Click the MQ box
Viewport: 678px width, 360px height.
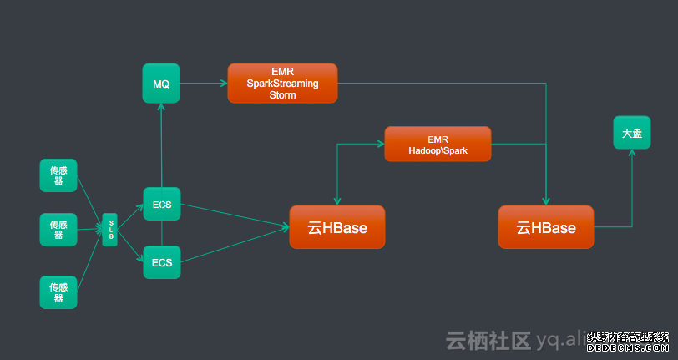(161, 84)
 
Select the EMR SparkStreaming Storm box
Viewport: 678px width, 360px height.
(282, 84)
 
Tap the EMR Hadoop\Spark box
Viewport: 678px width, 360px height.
(438, 144)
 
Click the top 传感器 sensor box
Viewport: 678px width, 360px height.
(58, 175)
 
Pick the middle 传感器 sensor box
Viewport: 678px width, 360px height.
(58, 230)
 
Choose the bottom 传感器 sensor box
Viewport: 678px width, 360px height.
(58, 292)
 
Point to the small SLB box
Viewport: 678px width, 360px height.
(109, 230)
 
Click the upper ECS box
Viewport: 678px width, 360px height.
(161, 203)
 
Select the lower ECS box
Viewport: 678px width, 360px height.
(161, 262)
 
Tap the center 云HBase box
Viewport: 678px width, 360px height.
(337, 227)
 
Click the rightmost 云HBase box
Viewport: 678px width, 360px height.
(546, 227)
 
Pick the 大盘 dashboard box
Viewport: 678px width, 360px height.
(631, 133)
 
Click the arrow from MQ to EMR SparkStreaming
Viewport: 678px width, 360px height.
(204, 84)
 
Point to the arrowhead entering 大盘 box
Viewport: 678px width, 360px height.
(631, 154)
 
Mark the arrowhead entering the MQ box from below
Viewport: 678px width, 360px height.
(161, 107)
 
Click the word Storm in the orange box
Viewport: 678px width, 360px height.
(282, 95)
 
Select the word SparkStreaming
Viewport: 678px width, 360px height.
(282, 84)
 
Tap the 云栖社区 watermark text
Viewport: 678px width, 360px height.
(488, 341)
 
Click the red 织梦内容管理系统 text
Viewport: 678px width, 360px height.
(629, 337)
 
